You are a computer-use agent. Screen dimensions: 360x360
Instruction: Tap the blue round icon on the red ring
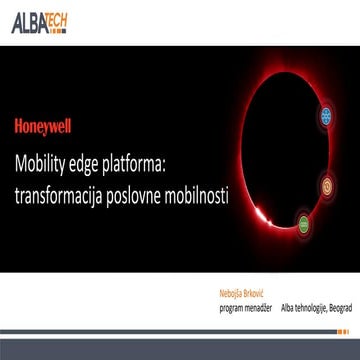(324, 117)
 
